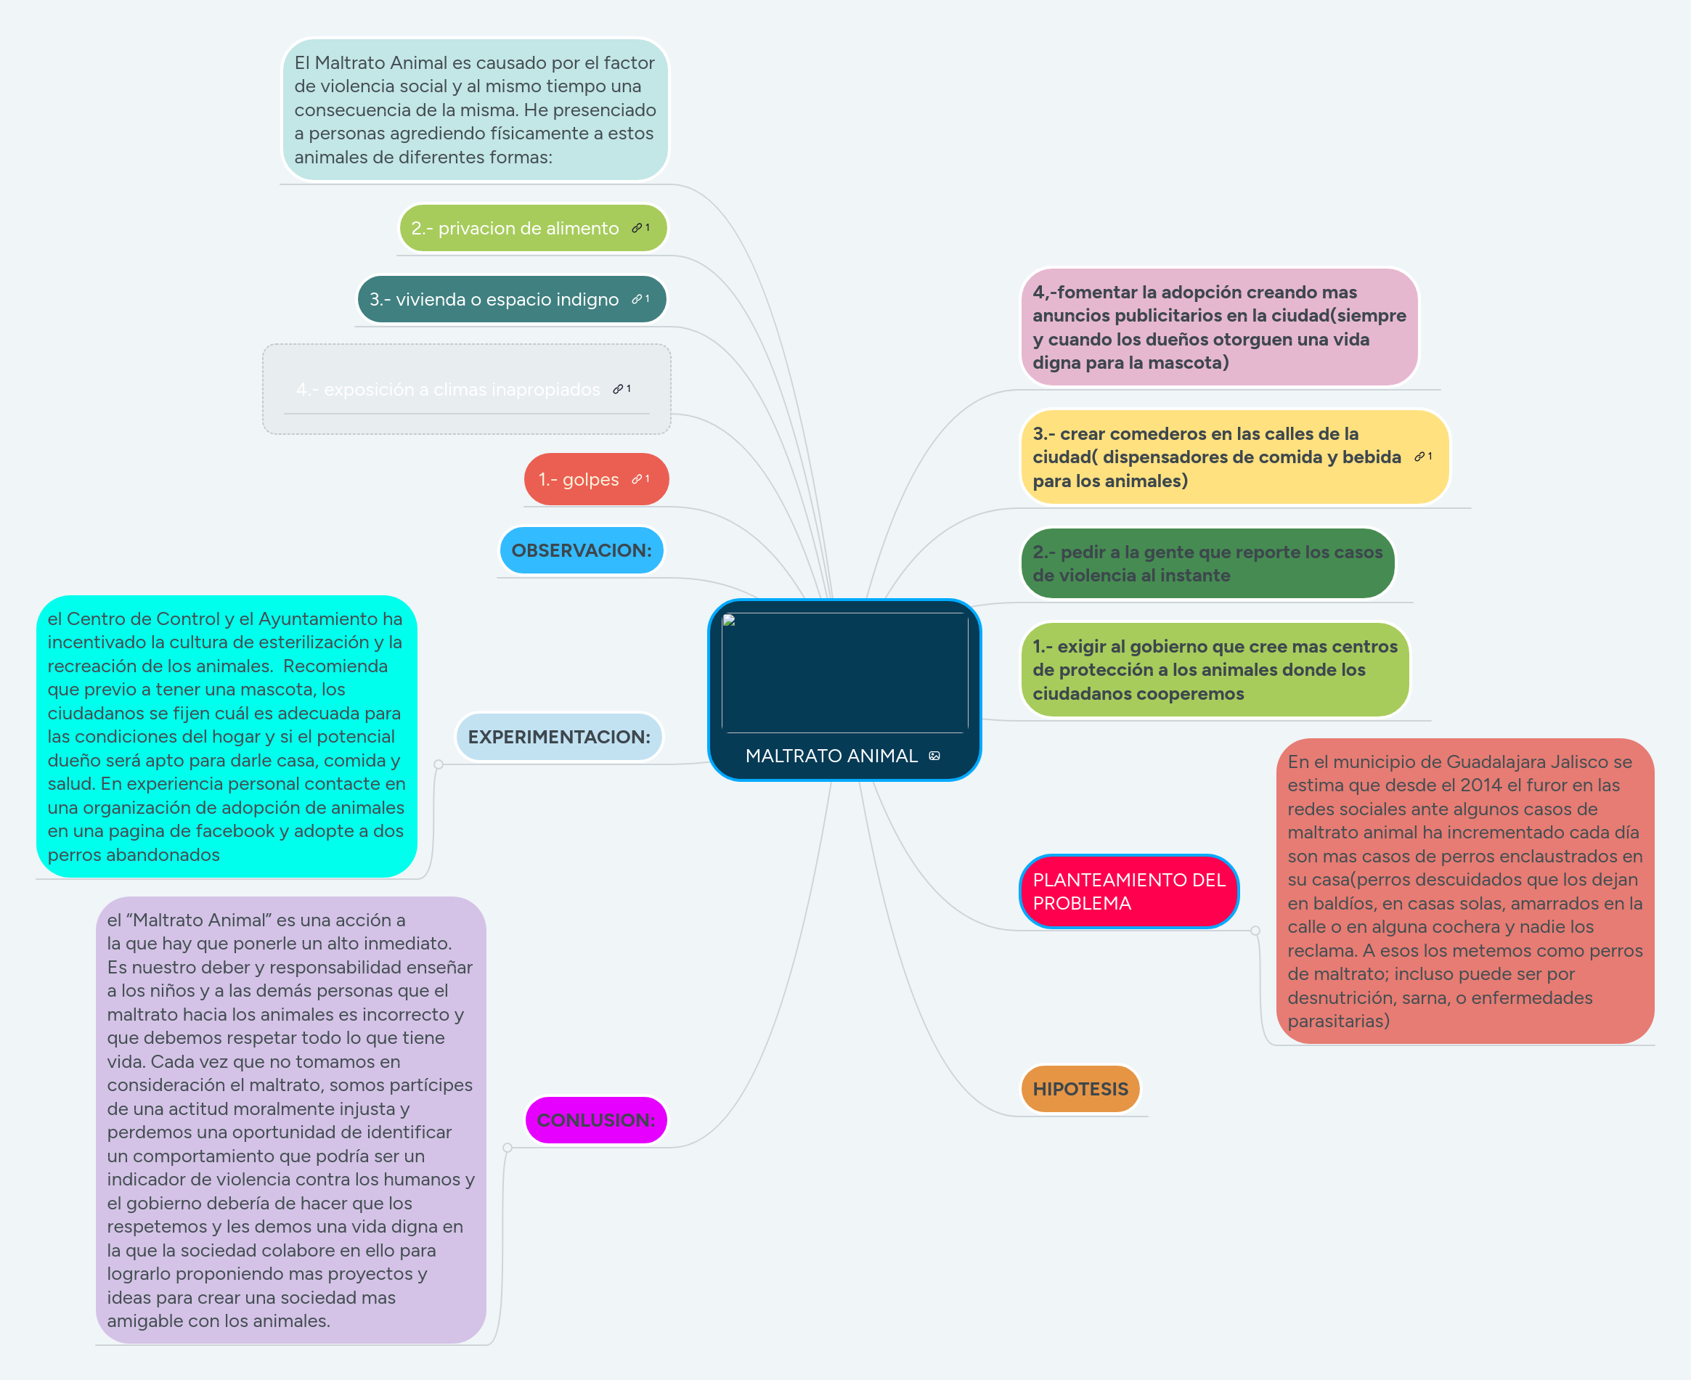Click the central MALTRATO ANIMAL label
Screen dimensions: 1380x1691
point(831,756)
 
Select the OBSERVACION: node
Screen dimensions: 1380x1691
point(581,550)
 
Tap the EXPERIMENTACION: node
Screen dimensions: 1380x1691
point(559,737)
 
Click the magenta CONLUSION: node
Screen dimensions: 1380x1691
point(595,1120)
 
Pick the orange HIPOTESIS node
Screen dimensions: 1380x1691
point(1080,1089)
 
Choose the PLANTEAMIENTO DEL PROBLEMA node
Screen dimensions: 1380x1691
point(1128,892)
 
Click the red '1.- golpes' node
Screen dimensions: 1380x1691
point(579,479)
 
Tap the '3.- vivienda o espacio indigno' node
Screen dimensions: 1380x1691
point(494,300)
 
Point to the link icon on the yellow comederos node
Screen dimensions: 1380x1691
point(1420,457)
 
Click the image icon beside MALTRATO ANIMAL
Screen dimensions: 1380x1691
point(934,756)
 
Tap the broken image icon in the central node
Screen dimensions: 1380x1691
point(729,621)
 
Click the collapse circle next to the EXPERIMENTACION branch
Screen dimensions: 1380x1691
point(438,764)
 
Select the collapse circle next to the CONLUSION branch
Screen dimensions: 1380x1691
point(508,1148)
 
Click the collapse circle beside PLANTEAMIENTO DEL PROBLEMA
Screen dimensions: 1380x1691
point(1255,931)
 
